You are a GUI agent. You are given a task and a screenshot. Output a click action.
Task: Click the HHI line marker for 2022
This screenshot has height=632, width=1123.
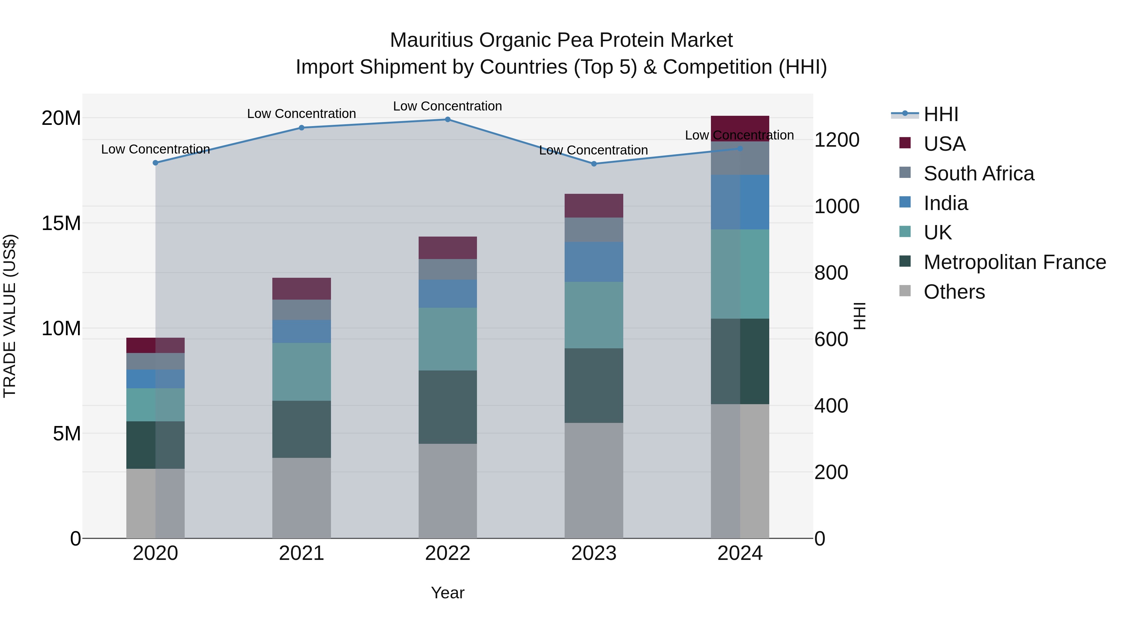point(447,119)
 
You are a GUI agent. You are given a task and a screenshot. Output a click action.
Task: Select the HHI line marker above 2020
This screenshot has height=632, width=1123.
point(155,163)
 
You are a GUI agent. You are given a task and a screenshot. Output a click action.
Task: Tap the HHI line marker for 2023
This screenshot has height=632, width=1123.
point(593,164)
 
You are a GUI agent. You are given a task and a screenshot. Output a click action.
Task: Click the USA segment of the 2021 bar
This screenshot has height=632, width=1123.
point(301,288)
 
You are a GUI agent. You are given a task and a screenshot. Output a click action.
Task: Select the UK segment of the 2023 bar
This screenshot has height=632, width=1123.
point(593,315)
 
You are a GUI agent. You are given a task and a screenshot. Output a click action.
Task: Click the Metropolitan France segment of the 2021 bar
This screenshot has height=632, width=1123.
point(301,429)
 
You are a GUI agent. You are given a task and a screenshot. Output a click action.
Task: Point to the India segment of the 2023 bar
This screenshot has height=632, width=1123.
point(593,262)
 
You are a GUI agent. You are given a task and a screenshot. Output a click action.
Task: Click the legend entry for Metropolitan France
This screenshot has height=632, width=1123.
point(1014,262)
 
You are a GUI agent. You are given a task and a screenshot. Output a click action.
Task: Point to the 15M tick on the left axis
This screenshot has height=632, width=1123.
point(61,223)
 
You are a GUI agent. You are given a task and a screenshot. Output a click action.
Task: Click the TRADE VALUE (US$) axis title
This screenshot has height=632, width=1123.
point(10,316)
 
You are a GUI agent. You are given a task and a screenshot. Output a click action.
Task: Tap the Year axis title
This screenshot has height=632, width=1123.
point(447,593)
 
